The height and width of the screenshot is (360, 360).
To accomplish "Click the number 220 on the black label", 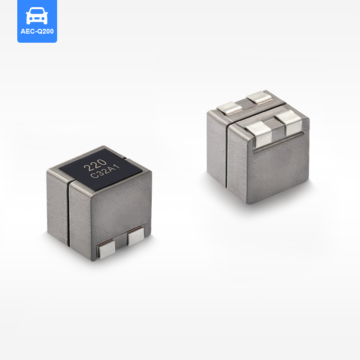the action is click(x=95, y=165).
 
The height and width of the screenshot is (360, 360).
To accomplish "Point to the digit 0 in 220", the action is click(x=102, y=162).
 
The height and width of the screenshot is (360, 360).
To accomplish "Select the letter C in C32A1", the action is click(x=94, y=176).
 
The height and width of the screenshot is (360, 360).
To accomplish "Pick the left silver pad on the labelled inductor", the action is click(x=106, y=249).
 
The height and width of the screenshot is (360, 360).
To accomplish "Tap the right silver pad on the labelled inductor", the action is click(x=136, y=237).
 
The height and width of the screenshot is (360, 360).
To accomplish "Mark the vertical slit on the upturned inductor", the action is click(x=227, y=157).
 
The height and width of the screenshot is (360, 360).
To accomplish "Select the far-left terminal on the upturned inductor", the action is click(x=229, y=108).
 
